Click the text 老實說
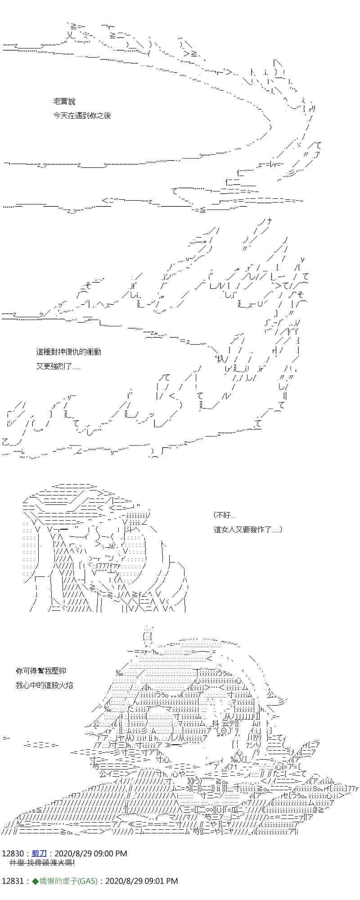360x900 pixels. (64, 102)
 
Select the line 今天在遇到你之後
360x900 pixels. (82, 116)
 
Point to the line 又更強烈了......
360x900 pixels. (58, 366)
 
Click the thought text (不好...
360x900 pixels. (224, 515)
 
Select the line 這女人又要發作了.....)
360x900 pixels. (247, 530)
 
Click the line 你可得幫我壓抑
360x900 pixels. (41, 671)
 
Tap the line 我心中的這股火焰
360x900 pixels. (44, 685)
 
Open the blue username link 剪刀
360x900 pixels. (39, 854)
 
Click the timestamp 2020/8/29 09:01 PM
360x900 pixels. (141, 881)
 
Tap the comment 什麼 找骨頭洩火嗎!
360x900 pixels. (42, 863)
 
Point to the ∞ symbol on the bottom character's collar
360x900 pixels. (208, 798)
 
